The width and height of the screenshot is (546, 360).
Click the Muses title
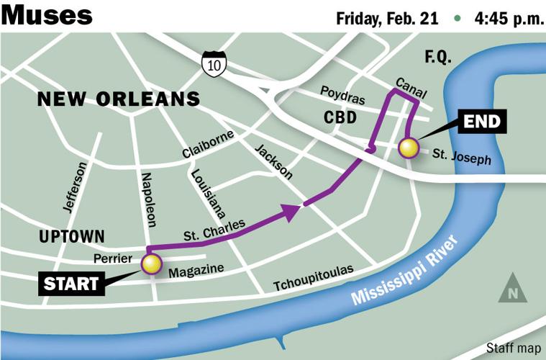point(47,14)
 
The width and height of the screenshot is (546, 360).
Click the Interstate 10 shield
point(214,63)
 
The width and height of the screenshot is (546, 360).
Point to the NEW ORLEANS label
point(119,99)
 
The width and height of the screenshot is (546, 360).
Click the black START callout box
point(70,284)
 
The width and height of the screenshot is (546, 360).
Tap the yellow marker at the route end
point(409,148)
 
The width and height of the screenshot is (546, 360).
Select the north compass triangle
point(512,288)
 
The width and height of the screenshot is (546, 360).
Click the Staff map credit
point(512,348)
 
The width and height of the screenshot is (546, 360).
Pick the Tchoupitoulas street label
point(313,279)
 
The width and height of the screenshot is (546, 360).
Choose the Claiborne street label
point(209,144)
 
